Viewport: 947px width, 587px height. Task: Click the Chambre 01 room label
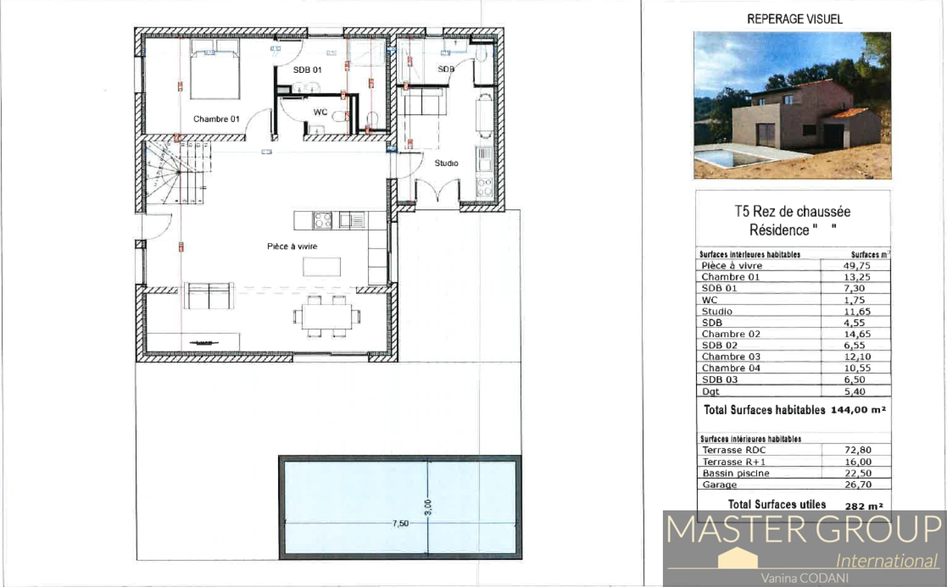pos(216,119)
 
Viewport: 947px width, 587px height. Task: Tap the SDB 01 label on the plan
pos(307,70)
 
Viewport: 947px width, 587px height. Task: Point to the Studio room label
pos(446,163)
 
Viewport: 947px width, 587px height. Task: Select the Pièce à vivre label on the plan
pos(292,246)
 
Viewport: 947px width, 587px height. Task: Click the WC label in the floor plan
pos(320,112)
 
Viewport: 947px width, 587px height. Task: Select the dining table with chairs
pos(327,316)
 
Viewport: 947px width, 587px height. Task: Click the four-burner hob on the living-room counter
pos(322,220)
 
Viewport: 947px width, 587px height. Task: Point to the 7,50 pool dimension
pos(400,523)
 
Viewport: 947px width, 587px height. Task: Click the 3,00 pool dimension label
pos(428,507)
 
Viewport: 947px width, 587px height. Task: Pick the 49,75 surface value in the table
pos(857,266)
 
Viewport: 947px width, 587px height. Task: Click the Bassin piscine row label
pos(735,473)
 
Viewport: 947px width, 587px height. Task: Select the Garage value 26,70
pos(858,484)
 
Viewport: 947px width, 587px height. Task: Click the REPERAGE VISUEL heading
pos(794,19)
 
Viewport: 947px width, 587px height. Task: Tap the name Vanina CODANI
pos(804,578)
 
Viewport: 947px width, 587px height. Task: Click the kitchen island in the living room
pos(322,267)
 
